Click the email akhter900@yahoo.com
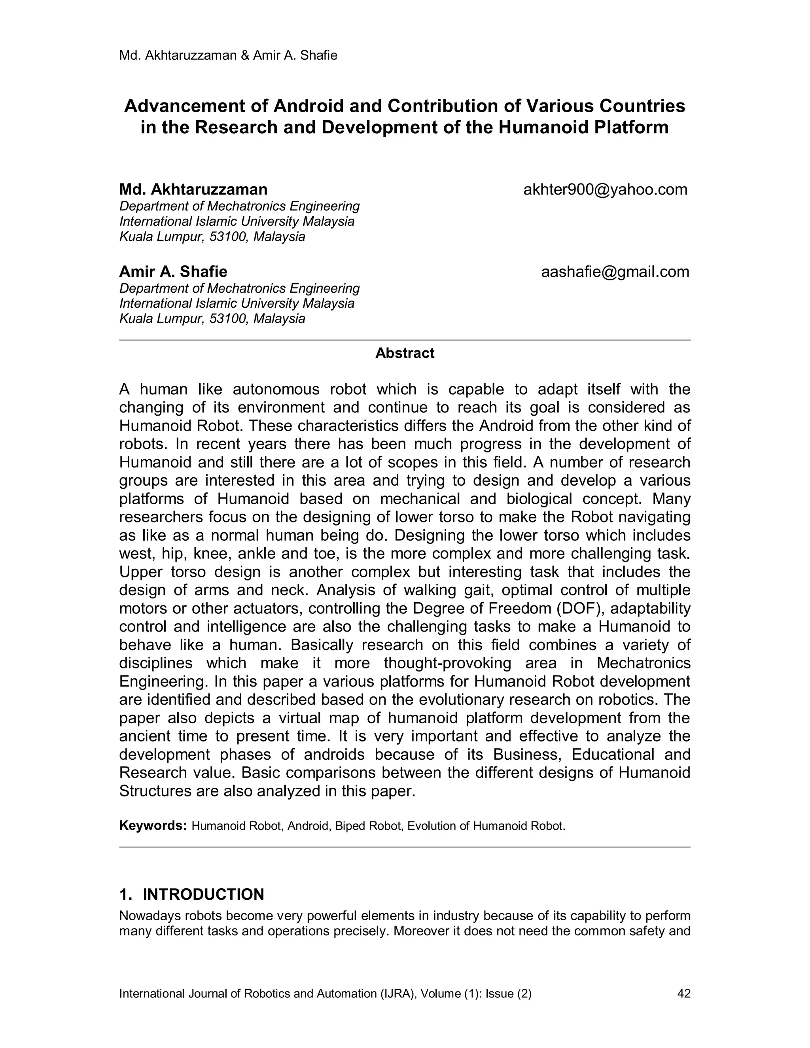coord(605,189)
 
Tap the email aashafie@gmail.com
coord(615,272)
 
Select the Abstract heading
coord(405,353)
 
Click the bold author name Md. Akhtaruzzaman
coord(193,189)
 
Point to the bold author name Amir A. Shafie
coord(173,272)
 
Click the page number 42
coord(683,993)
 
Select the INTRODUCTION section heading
coord(203,895)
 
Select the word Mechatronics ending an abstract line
coord(643,663)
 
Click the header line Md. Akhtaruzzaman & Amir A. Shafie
coord(228,55)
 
